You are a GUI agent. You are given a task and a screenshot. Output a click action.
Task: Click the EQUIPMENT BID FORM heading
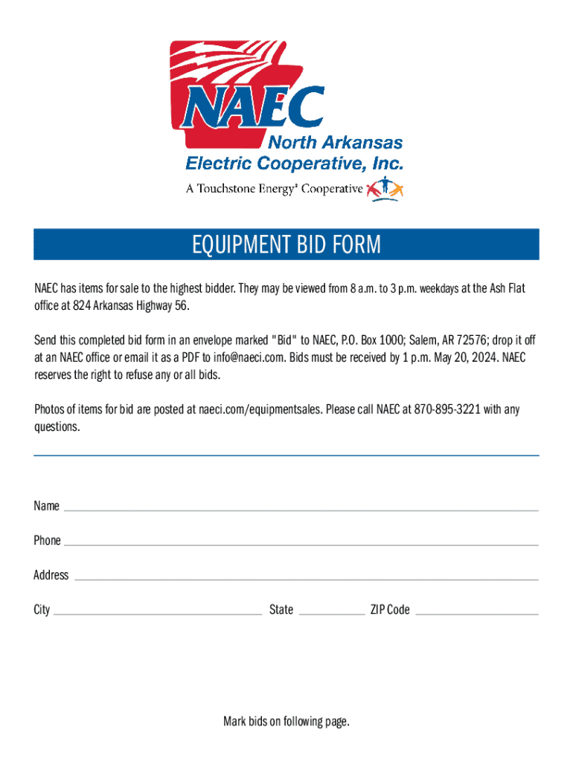[x=286, y=245]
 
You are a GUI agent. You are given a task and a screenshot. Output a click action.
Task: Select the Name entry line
[x=301, y=509]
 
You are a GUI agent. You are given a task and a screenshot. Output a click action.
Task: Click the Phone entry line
[x=301, y=543]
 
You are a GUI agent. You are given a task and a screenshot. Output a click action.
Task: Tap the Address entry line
[x=306, y=577]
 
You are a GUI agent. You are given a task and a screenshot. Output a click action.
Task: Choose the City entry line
[x=158, y=613]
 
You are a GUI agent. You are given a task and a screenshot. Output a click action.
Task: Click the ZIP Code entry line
[x=476, y=613]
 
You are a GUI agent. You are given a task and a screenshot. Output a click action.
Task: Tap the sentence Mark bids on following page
[x=286, y=721]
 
